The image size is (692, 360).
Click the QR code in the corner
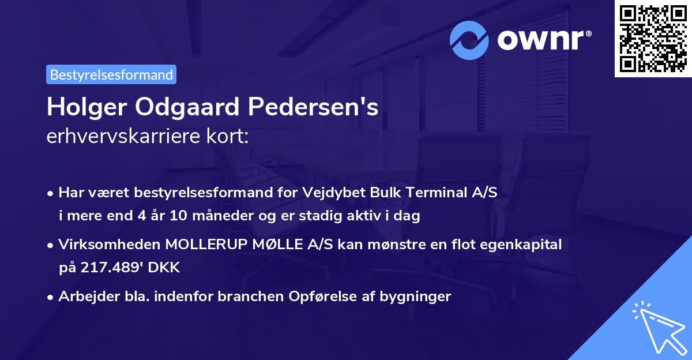pos(653,38)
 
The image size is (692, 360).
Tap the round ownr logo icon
pos(469,40)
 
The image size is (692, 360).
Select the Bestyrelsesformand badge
pos(111,74)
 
